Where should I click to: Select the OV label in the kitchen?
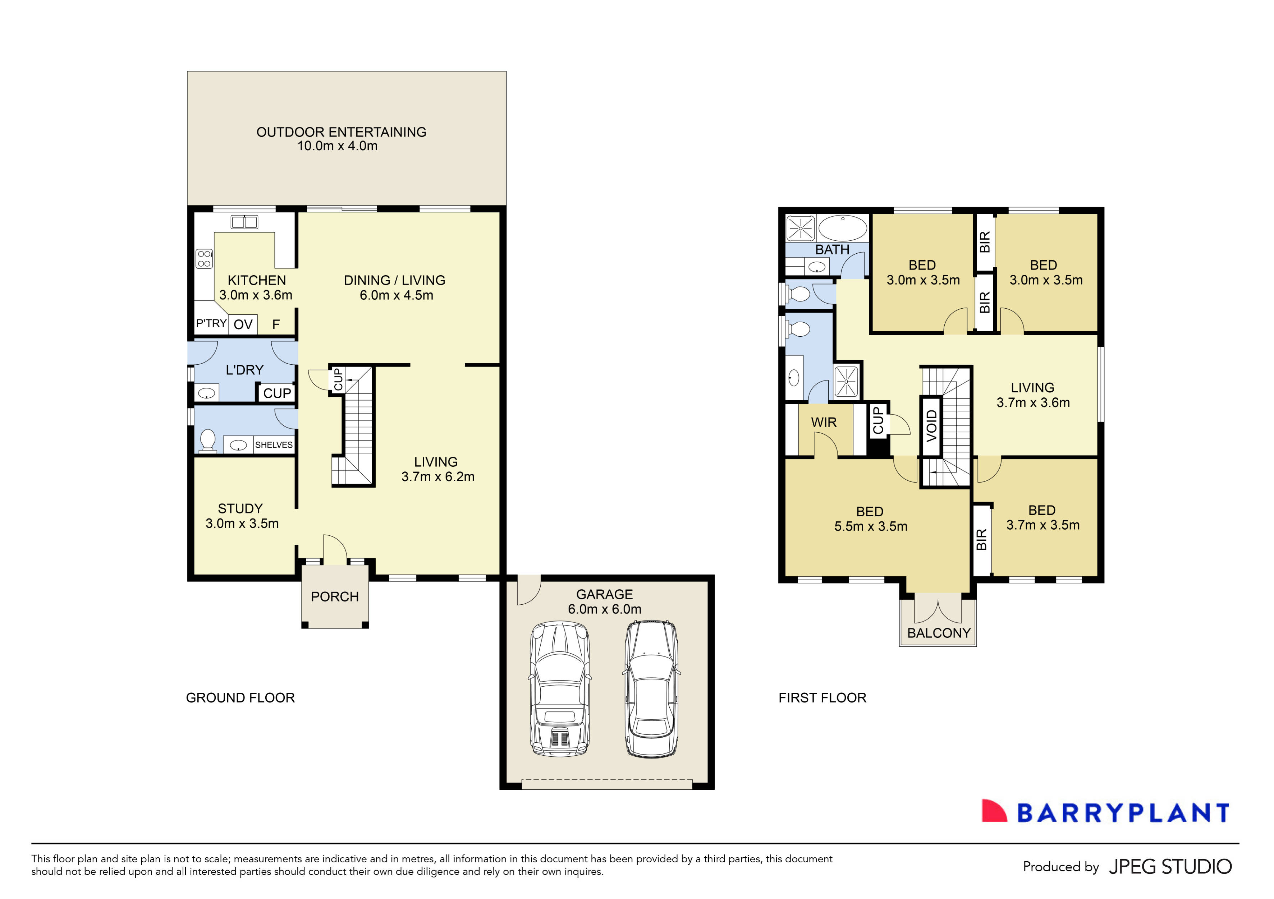click(243, 324)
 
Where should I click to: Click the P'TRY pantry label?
click(211, 323)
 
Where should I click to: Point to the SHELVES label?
click(274, 445)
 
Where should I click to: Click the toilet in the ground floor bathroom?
click(207, 441)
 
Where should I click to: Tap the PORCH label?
click(335, 597)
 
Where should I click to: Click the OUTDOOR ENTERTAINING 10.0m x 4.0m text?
click(341, 139)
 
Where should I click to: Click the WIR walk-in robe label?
click(824, 423)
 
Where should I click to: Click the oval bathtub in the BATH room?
click(842, 228)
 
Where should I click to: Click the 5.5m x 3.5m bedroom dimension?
click(871, 526)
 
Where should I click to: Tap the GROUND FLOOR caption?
click(240, 698)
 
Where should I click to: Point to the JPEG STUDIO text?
click(1170, 867)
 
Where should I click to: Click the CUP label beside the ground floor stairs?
click(337, 379)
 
